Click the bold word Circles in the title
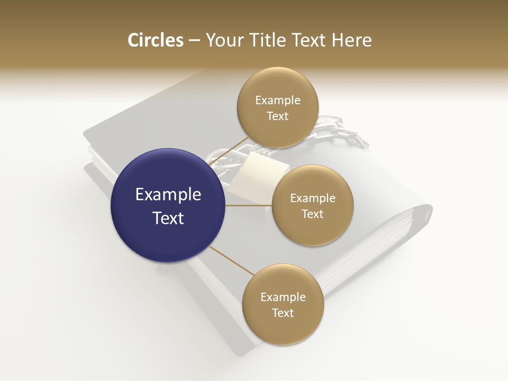pos(155,40)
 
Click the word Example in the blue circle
pos(168,195)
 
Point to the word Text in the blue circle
pos(168,218)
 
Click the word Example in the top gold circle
pos(277,101)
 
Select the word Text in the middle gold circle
pos(312,214)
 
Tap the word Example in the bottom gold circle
pos(283,297)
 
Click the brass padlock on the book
pos(259,172)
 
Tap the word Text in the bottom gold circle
pos(283,313)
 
